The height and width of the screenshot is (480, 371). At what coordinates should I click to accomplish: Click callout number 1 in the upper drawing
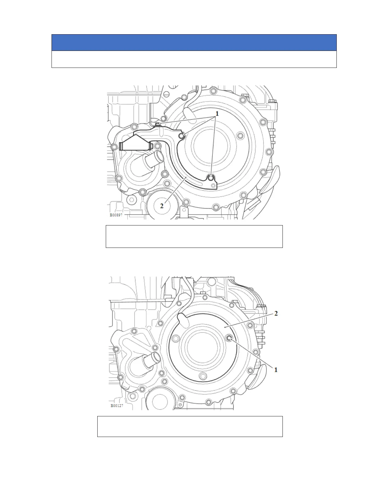pos(217,114)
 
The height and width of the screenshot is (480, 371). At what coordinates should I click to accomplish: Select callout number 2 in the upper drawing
pos(162,206)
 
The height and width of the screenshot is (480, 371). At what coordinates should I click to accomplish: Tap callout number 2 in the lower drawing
pos(276,313)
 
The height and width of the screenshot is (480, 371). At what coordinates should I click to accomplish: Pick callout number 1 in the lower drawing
pos(276,370)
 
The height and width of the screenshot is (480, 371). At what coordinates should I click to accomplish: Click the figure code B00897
pos(116,215)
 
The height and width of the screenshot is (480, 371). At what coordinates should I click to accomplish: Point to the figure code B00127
pos(117,405)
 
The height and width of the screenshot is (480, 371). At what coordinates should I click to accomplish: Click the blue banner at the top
pos(194,43)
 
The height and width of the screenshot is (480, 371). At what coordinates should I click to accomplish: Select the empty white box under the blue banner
pos(194,59)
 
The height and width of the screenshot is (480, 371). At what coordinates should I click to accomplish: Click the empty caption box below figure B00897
pos(194,236)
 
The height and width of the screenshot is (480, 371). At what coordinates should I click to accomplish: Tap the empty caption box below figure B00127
pos(190,427)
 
